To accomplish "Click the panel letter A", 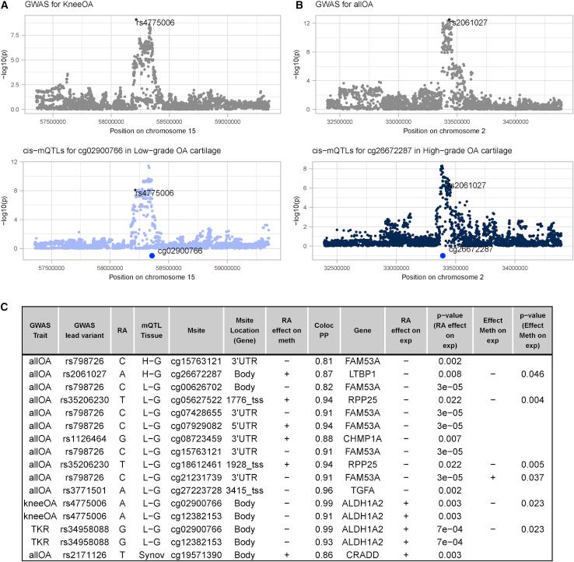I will click(x=5, y=6).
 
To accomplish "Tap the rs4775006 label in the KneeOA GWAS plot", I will click(x=156, y=23).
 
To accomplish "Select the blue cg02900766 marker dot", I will click(x=151, y=255).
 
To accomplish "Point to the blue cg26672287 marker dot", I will click(x=443, y=255).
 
